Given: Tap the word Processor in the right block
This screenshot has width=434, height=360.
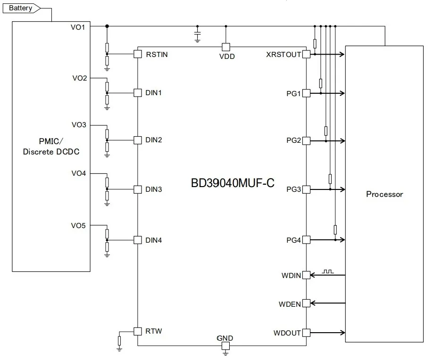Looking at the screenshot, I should click(384, 194).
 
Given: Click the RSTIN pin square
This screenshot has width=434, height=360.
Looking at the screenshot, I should click(137, 54).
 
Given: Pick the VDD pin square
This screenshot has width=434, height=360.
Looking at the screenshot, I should click(225, 47).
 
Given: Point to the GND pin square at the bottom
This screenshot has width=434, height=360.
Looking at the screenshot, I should click(225, 346).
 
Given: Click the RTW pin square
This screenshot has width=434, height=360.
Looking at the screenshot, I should click(137, 331).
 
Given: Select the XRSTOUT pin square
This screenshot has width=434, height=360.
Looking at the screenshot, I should click(306, 54).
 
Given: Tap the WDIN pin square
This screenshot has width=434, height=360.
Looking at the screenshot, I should click(306, 275).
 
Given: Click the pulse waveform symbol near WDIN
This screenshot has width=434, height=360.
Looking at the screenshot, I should click(327, 271).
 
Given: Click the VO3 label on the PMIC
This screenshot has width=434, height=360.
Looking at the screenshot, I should click(78, 125).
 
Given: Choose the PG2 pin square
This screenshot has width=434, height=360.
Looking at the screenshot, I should click(306, 140).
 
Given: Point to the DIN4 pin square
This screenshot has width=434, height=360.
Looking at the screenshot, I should click(137, 240).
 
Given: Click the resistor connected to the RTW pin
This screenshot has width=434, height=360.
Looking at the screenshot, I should click(119, 340).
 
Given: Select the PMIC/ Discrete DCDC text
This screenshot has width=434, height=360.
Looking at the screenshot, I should click(51, 147).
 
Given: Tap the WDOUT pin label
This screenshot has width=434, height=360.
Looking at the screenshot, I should click(287, 333).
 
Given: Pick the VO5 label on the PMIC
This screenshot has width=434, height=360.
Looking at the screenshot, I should click(78, 226).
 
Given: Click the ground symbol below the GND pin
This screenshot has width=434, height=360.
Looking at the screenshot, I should click(225, 353).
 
